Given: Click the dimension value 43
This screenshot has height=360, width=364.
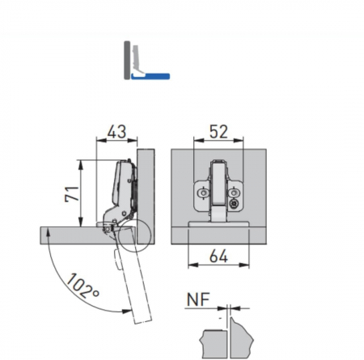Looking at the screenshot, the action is pyautogui.click(x=116, y=132).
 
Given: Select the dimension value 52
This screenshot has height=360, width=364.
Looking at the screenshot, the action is pyautogui.click(x=218, y=132).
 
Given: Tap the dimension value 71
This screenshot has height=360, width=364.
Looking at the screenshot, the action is pyautogui.click(x=72, y=194).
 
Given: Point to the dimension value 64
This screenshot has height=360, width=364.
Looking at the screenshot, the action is pyautogui.click(x=218, y=256).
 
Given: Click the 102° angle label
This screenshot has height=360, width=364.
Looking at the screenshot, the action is pyautogui.click(x=83, y=286).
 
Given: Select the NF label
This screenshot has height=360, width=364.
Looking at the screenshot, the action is pyautogui.click(x=198, y=299).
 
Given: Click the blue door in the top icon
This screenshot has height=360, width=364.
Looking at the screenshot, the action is pyautogui.click(x=150, y=77).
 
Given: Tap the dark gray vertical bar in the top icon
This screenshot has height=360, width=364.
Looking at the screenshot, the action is pyautogui.click(x=127, y=60).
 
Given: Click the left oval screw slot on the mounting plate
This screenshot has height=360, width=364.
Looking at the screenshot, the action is pyautogui.click(x=203, y=193).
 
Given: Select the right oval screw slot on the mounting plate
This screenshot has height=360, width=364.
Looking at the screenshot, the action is pyautogui.click(x=234, y=193).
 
